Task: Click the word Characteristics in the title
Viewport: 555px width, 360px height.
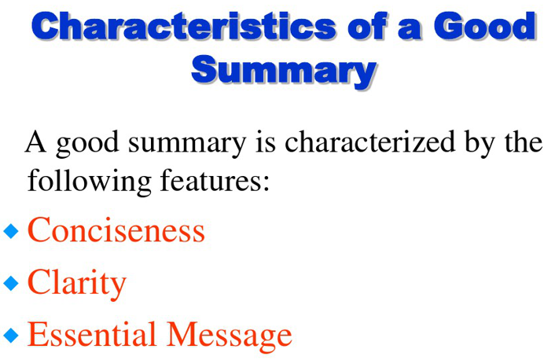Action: coord(183,27)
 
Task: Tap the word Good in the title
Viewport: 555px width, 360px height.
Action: coord(485,26)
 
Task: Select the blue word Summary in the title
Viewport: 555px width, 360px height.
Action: coord(284,69)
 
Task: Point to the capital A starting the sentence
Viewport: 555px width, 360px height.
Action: coord(35,141)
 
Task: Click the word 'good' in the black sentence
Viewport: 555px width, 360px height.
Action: coord(87,143)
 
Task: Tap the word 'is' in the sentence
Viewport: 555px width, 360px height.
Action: coord(266,141)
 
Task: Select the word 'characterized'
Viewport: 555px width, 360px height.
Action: coord(370,141)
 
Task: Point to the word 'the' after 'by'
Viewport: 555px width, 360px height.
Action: coord(524,141)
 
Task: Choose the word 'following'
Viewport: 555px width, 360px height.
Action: coord(89,182)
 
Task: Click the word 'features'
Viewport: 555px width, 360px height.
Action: coord(215,181)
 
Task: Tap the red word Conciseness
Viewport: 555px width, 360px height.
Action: coord(116,230)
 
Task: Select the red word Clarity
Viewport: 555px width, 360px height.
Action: coord(77,284)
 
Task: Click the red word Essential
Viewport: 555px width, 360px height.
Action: coord(92,334)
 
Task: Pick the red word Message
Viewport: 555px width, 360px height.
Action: coord(230,336)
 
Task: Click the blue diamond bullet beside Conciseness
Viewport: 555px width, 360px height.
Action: coord(11,231)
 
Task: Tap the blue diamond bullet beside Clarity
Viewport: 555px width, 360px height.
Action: coord(11,283)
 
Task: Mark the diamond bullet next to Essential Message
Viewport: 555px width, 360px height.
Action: coord(11,335)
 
